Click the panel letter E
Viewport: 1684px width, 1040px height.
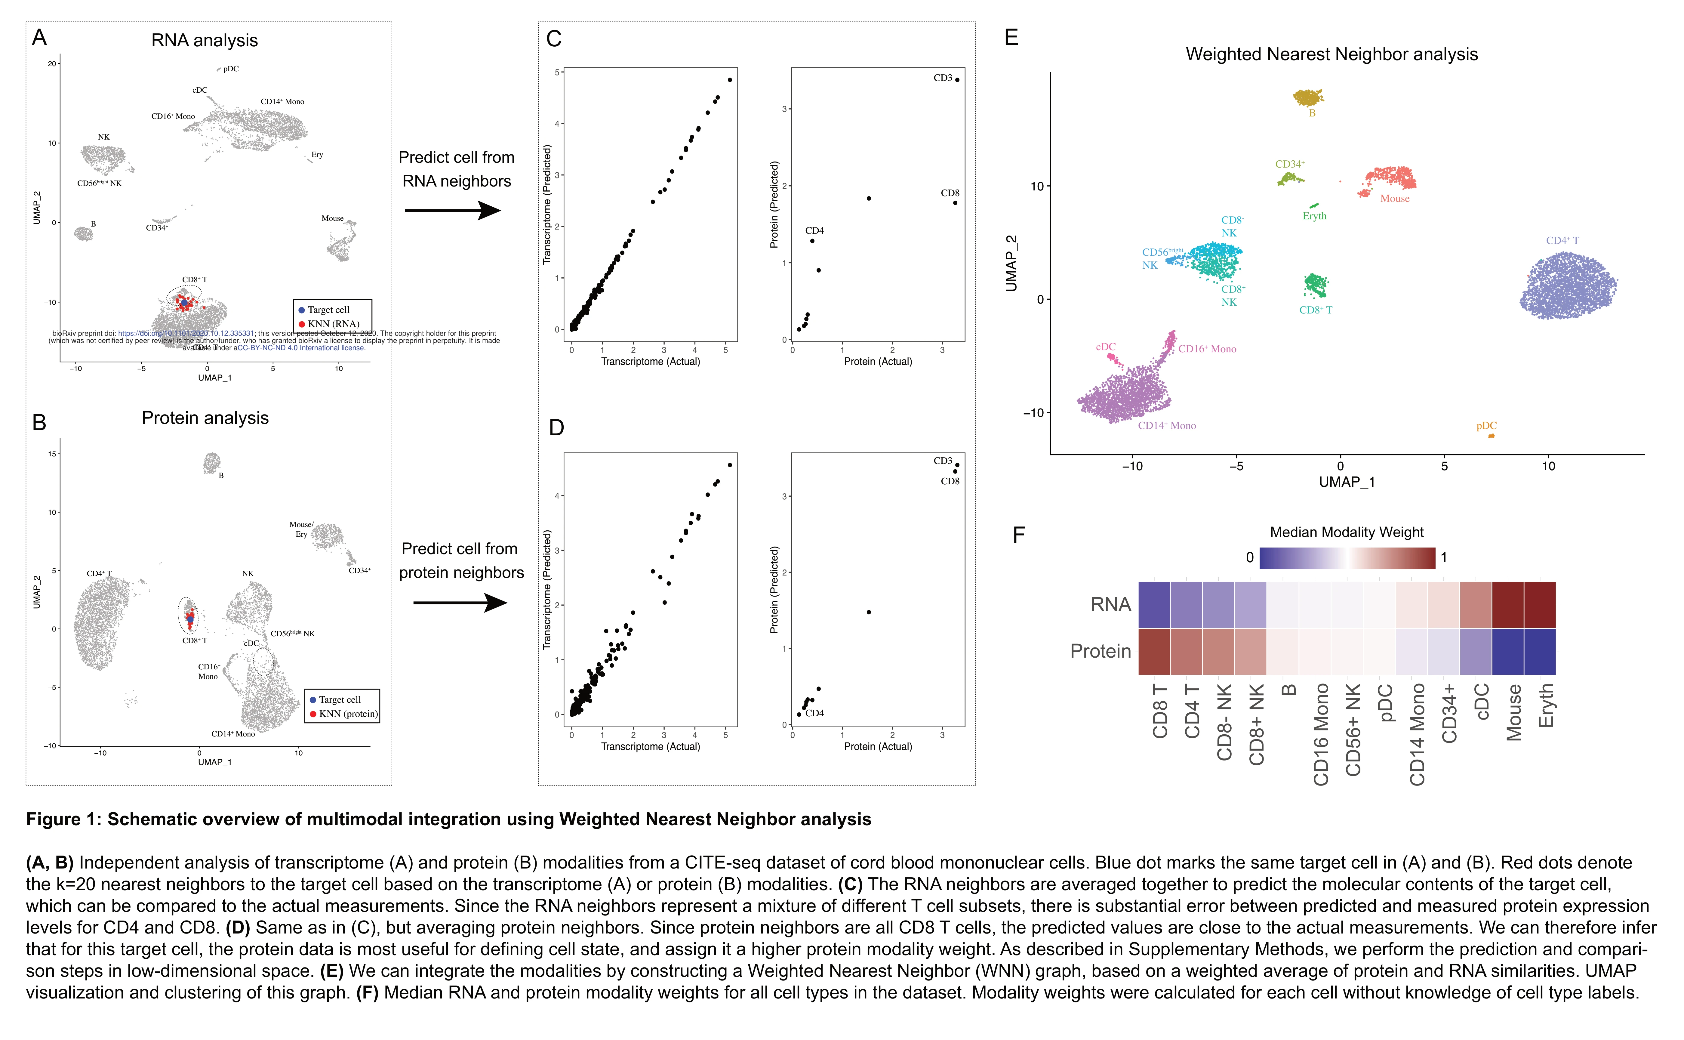1011,37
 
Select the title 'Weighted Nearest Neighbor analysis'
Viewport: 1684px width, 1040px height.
1331,54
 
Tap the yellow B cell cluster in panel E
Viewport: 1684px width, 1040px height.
1308,98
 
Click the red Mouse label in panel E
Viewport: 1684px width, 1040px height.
1394,199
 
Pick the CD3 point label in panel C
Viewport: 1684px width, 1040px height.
942,78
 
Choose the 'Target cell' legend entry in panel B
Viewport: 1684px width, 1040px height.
339,699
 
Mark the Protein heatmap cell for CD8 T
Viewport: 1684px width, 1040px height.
1154,651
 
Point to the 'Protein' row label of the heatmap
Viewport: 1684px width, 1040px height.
1100,651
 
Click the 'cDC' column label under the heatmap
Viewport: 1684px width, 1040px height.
1482,702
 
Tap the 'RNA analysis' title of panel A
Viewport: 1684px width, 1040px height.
204,41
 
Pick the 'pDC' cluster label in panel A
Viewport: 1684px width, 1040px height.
231,69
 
